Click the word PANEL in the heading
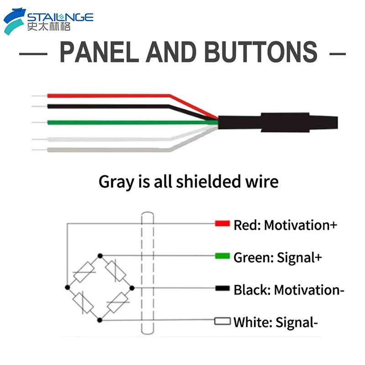99,52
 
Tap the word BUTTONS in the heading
261,52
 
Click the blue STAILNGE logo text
60,17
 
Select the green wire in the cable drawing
133,122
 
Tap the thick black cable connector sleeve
278,122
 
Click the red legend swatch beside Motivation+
222,224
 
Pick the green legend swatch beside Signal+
222,256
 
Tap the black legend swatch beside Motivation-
222,288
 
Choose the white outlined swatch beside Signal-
222,321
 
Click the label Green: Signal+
278,258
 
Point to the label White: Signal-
276,323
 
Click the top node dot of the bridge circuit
100,256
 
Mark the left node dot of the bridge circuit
68,287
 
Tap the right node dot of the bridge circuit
132,288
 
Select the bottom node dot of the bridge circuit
100,320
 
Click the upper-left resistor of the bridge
84,272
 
